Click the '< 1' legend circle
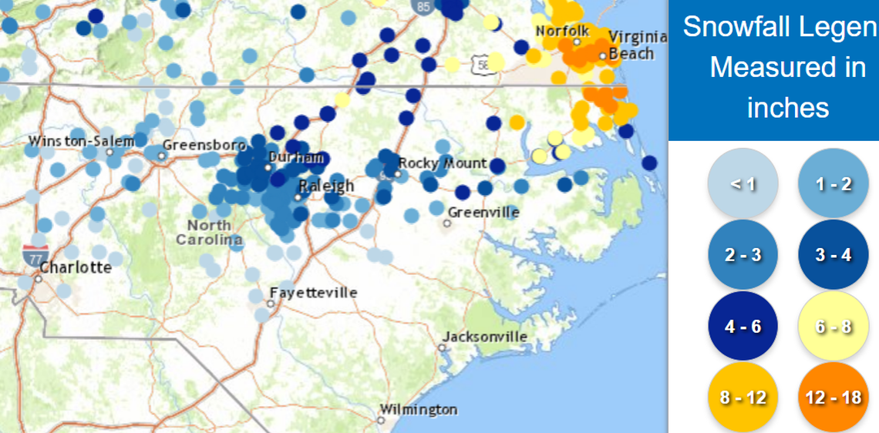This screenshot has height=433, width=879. click(743, 184)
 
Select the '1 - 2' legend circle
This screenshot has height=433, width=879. click(833, 184)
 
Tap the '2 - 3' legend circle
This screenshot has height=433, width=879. click(743, 255)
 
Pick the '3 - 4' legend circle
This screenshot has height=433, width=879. click(833, 255)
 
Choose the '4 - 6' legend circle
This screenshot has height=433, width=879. click(743, 326)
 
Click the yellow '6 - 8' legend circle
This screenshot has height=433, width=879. click(833, 326)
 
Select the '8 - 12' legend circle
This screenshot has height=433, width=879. click(743, 398)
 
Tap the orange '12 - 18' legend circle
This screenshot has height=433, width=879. click(833, 398)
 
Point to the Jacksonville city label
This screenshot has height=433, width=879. click(484, 337)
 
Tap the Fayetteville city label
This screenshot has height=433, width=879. click(313, 293)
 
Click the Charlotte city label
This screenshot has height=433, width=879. click(75, 268)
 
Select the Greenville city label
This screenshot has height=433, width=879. click(483, 212)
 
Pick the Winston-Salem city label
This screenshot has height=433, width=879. click(81, 141)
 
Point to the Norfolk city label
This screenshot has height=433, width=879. click(562, 31)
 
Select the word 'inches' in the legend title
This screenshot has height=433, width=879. click(787, 107)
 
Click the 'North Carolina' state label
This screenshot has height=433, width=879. click(209, 232)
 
